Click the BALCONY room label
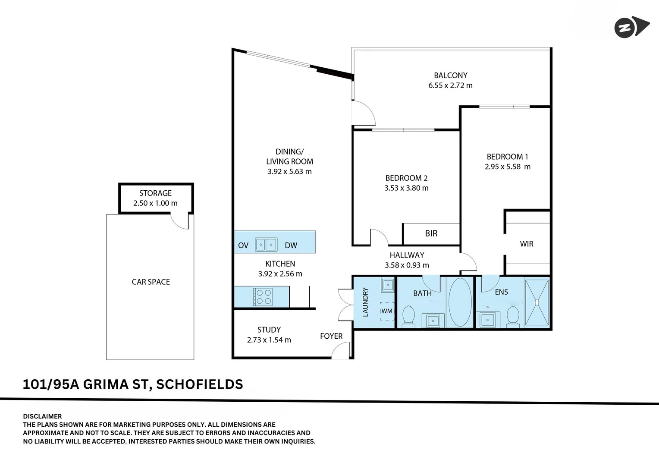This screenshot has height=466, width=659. point(450,76)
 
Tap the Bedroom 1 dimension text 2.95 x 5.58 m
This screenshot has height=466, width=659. point(507,167)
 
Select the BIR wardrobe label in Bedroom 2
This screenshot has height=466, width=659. point(431,233)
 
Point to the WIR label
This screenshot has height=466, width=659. point(526,244)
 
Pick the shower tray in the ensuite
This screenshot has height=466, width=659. point(537,302)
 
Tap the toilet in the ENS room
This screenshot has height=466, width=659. point(513,315)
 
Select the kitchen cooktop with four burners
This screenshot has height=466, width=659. point(264,297)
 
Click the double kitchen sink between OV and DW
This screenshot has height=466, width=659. point(266,245)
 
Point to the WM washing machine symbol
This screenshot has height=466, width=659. point(387,311)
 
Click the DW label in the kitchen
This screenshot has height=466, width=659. point(291,246)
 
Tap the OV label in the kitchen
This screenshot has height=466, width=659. point(243,246)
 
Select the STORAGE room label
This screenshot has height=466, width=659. point(155,193)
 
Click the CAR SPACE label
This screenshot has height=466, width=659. point(151,282)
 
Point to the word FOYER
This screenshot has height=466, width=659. point(331,336)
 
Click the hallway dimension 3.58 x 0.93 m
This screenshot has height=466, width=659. point(407,265)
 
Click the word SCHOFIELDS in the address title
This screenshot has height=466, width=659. point(199,384)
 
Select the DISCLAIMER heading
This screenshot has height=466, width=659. point(42,416)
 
